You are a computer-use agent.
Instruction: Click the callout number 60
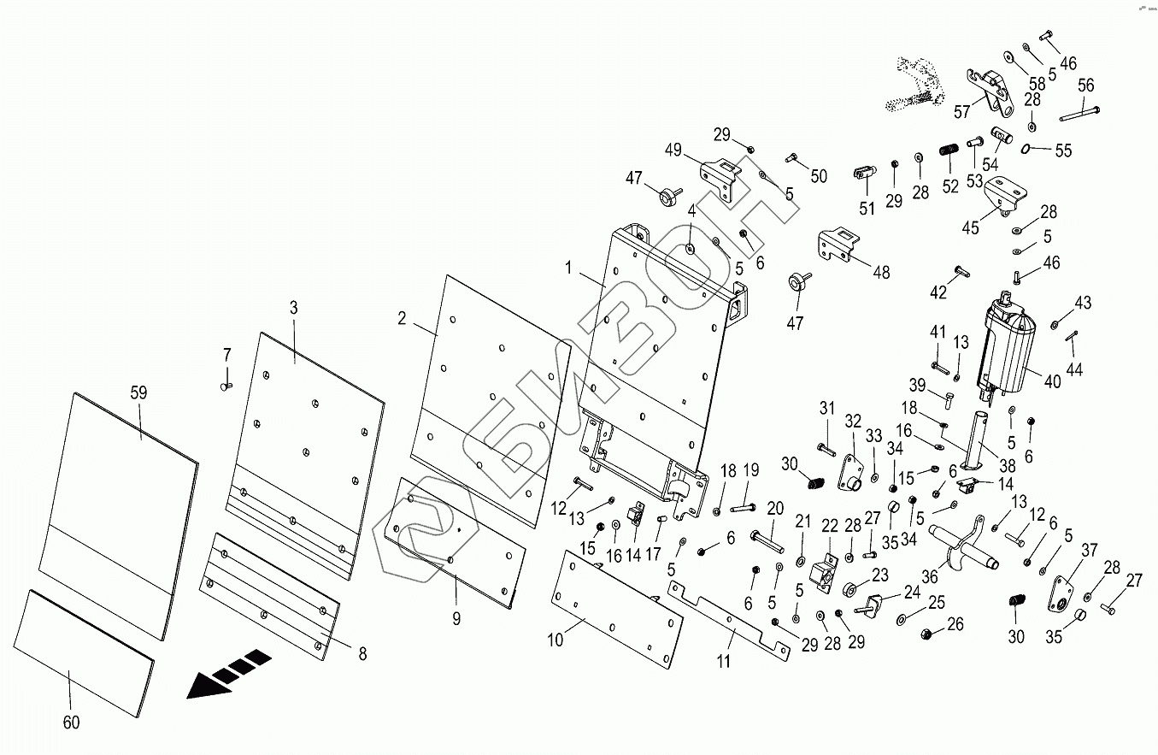pyautogui.click(x=71, y=722)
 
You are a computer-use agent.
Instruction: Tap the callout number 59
pyautogui.click(x=138, y=393)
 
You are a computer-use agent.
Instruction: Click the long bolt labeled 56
pyautogui.click(x=1079, y=115)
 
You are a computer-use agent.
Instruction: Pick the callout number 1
pyautogui.click(x=568, y=268)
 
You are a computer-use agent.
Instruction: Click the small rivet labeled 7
pyautogui.click(x=226, y=386)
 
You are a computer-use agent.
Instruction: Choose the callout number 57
pyautogui.click(x=961, y=112)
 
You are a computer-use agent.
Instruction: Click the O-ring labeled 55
pyautogui.click(x=1026, y=149)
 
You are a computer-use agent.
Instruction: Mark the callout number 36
pyautogui.click(x=930, y=576)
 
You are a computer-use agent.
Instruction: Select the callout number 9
pyautogui.click(x=456, y=618)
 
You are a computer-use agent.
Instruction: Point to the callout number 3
pyautogui.click(x=294, y=308)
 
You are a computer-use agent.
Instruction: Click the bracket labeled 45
pyautogui.click(x=1004, y=196)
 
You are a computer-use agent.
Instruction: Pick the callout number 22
pyautogui.click(x=830, y=527)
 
